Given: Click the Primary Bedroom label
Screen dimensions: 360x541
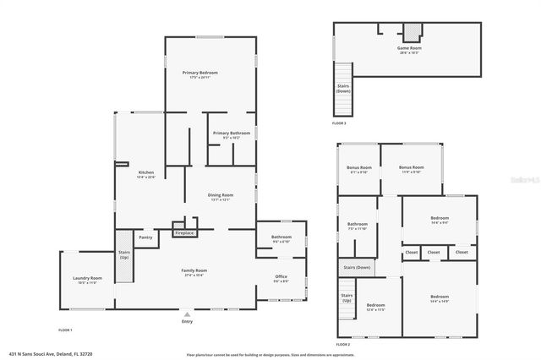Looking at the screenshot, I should click(200, 74).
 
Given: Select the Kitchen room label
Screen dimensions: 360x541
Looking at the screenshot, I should click(146, 172).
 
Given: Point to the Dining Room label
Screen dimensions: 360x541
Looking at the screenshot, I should click(220, 196).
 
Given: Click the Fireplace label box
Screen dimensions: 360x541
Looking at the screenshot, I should click(184, 232).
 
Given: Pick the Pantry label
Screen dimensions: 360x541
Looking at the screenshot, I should click(145, 237).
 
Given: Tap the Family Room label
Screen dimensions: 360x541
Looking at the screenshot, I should click(194, 270).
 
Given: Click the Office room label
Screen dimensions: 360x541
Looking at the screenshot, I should click(281, 276).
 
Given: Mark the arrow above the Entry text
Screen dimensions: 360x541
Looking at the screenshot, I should click(187, 314).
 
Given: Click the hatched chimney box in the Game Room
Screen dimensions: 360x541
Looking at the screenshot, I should click(411, 32).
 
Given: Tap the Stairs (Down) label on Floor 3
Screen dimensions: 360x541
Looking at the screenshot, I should click(343, 88).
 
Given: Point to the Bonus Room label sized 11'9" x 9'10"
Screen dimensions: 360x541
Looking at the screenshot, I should click(411, 168).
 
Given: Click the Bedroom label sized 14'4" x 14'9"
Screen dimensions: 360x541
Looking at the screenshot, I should click(439, 297).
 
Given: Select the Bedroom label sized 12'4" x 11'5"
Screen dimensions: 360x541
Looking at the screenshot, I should click(375, 305).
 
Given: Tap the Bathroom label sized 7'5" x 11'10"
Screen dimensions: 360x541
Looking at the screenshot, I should click(358, 225).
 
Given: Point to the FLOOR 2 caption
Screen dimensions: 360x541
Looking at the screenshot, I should click(342, 345).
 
